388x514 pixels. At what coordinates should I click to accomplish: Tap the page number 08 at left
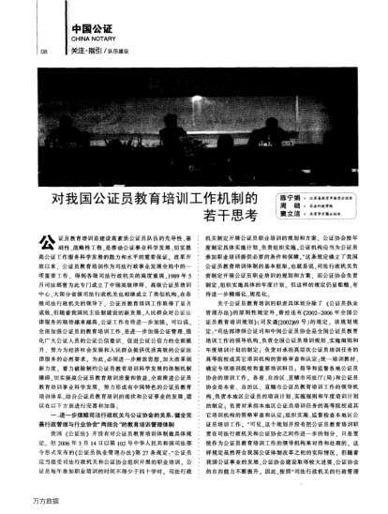(42, 53)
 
